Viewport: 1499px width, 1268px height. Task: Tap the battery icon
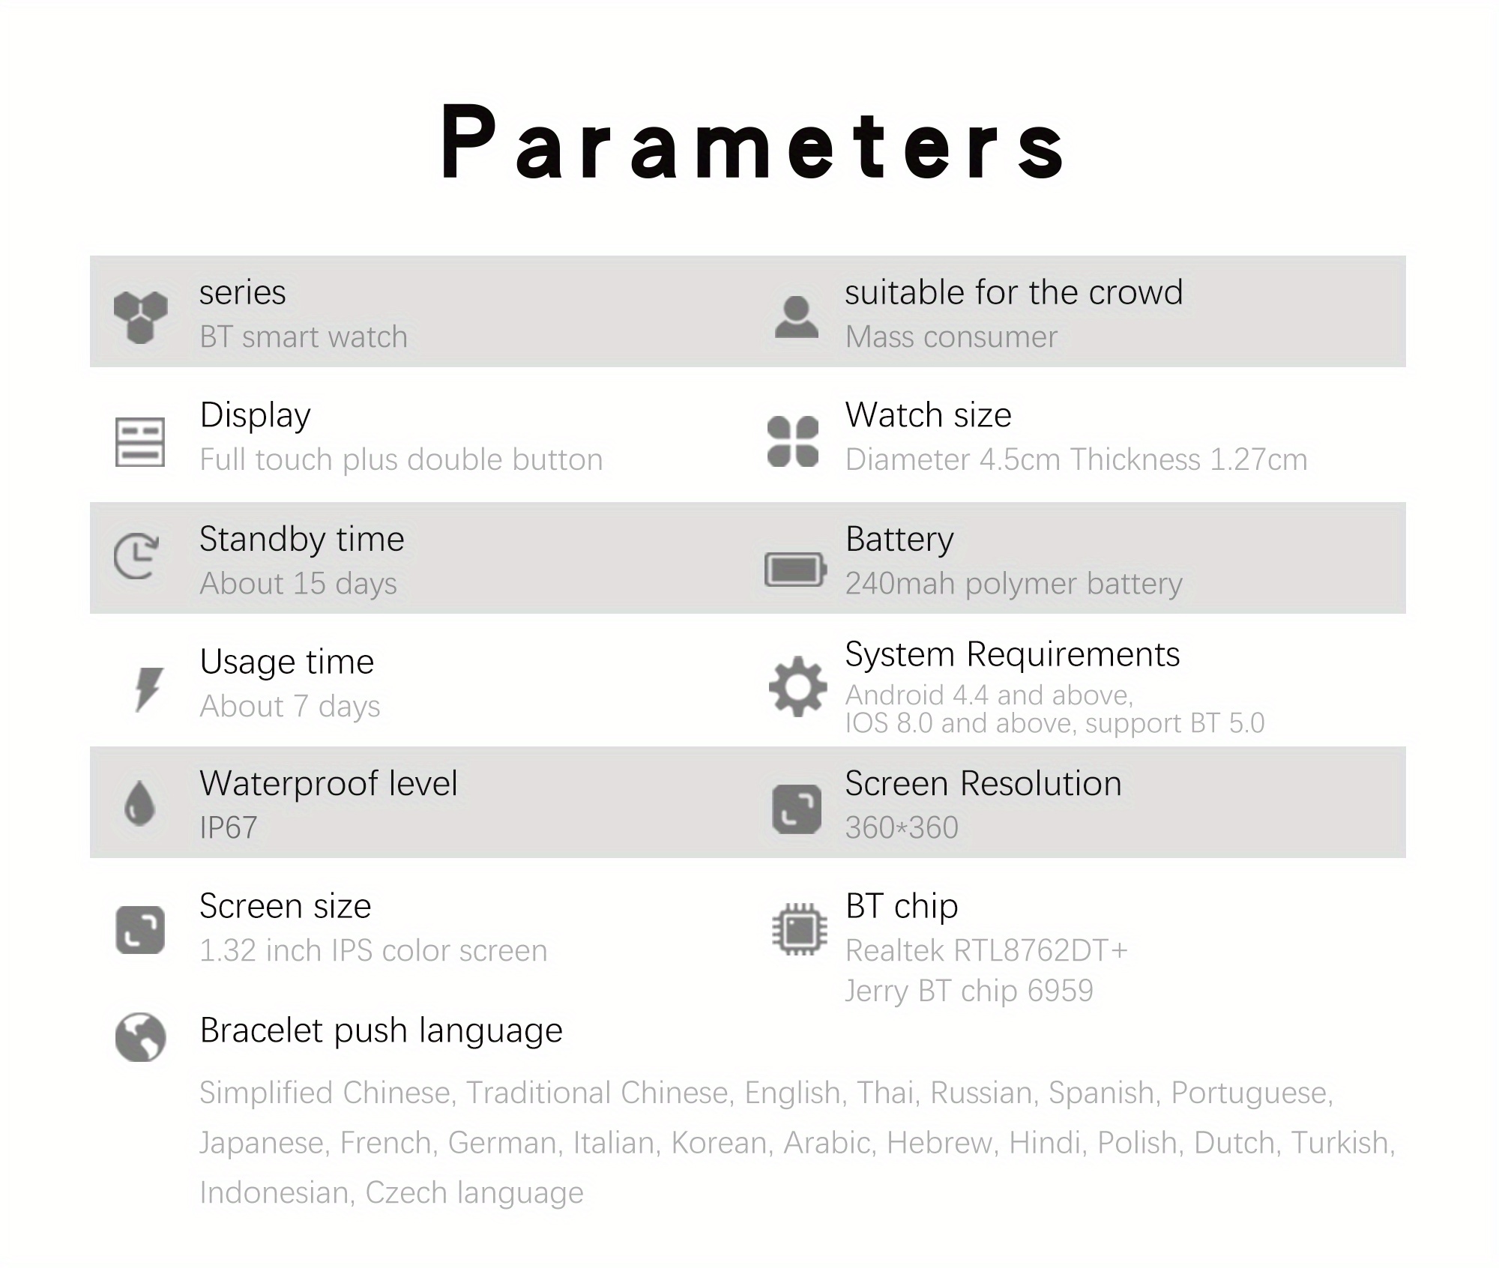click(794, 570)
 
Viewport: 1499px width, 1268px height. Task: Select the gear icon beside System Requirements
click(797, 686)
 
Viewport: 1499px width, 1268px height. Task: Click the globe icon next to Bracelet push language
click(140, 1037)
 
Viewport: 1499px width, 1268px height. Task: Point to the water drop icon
click(139, 803)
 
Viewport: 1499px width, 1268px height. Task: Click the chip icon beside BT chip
click(799, 929)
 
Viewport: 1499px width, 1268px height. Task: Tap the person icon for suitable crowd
click(796, 317)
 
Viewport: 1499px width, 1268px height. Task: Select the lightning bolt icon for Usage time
click(148, 688)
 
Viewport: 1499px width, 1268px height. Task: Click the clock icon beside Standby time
click(136, 556)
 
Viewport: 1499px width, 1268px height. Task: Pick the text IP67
click(228, 828)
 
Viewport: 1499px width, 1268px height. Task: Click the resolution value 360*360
click(902, 828)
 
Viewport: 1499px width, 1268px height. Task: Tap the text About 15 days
click(298, 584)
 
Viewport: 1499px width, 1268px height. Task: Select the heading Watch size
click(928, 415)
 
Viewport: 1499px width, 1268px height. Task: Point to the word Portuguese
click(1250, 1093)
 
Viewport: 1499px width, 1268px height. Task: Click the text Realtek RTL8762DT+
click(986, 951)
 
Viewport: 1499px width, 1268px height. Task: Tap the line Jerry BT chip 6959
click(968, 991)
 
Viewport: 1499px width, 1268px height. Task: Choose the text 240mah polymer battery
click(1013, 584)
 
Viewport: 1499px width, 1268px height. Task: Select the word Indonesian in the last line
click(274, 1193)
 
